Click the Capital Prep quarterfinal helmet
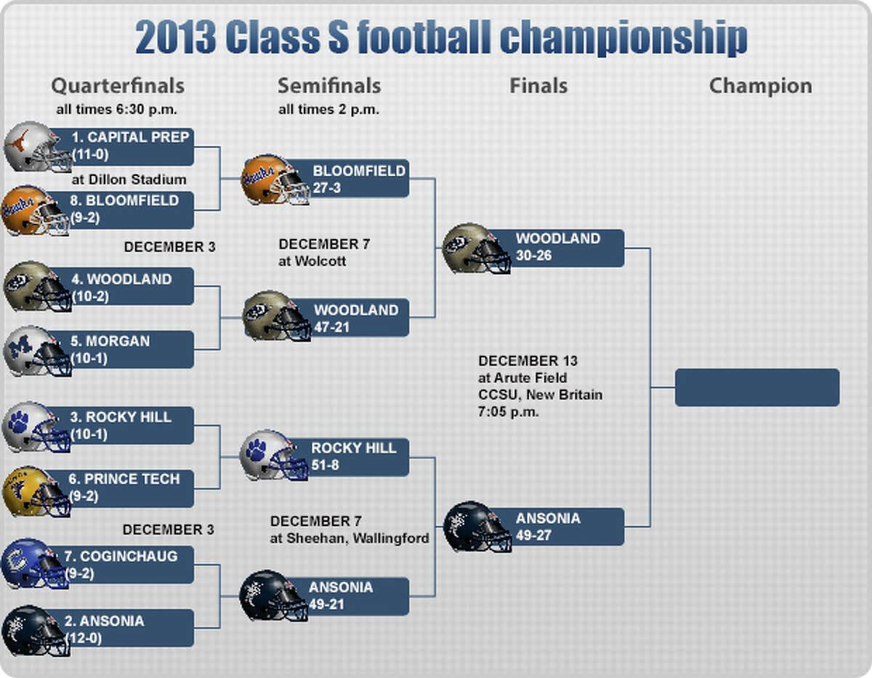point(37,147)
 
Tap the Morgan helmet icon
point(38,351)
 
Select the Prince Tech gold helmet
point(37,491)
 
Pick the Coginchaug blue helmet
point(36,564)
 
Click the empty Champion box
point(757,387)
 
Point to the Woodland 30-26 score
point(533,256)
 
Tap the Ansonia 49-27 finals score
point(533,535)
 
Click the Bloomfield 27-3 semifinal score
point(327,187)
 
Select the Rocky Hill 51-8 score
point(325,465)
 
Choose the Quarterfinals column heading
point(118,86)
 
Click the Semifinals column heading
point(329,86)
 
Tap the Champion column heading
point(760,86)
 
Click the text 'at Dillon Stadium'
point(129,179)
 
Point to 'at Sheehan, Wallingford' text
point(350,538)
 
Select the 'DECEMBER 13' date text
point(528,360)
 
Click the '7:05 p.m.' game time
point(508,411)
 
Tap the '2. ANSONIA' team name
point(104,621)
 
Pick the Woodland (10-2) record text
point(90,296)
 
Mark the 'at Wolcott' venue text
point(312,261)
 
